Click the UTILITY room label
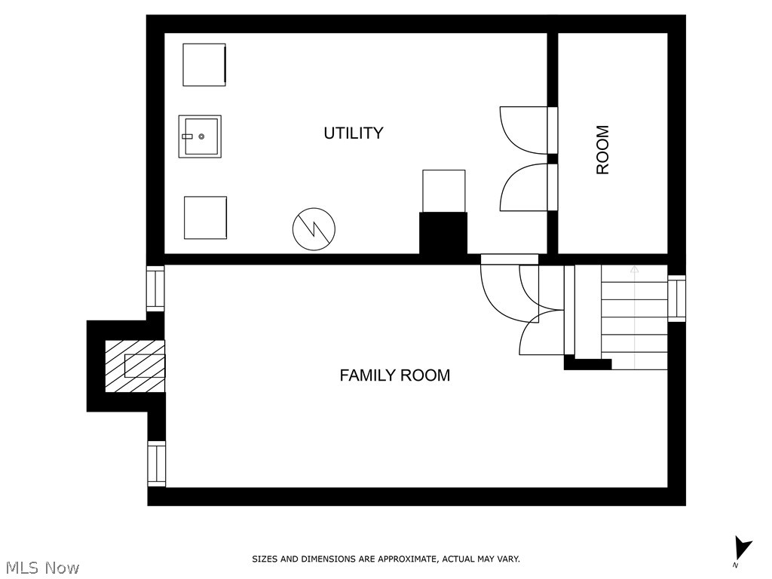354,133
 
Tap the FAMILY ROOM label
395,375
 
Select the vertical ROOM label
602,150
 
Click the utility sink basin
200,136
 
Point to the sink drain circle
201,136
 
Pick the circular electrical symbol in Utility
314,229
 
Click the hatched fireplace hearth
136,366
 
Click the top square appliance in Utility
204,65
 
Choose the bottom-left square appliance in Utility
205,218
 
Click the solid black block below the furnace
443,234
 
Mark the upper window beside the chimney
155,289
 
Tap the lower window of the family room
157,464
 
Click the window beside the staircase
676,299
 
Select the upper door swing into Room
524,130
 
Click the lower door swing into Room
524,188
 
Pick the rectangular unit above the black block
443,191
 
